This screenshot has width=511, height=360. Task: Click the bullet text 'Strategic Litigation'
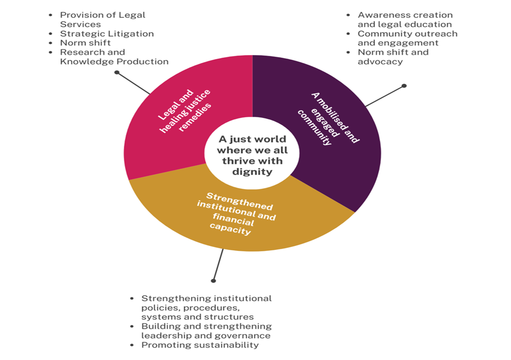click(107, 34)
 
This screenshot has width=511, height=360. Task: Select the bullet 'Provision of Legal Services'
click(102, 20)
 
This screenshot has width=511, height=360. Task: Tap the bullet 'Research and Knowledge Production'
click(114, 57)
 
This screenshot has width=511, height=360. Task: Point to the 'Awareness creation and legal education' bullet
click(405, 20)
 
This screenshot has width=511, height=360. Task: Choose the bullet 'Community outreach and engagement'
click(407, 38)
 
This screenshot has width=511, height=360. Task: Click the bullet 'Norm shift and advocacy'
click(393, 57)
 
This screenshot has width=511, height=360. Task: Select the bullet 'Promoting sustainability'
click(200, 345)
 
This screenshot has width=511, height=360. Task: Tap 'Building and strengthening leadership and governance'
click(206, 331)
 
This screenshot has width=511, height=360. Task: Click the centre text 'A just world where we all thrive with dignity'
click(252, 156)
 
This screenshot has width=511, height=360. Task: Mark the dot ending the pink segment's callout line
click(116, 72)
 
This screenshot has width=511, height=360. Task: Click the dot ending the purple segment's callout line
click(404, 86)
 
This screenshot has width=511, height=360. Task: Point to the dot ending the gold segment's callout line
click(213, 281)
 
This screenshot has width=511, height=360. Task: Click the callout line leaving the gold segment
click(218, 265)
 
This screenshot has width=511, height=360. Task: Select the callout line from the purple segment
click(385, 96)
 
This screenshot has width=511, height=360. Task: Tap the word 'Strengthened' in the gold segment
click(240, 201)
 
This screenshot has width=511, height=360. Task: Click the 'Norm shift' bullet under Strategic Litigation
click(85, 43)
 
